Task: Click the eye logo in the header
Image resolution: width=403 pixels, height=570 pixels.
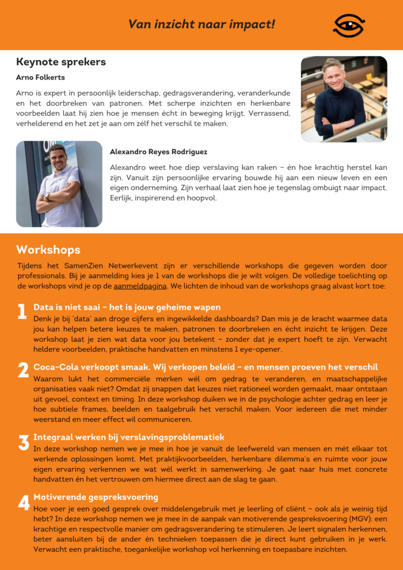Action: point(348,25)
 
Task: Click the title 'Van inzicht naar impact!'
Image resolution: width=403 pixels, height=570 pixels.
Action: point(201,24)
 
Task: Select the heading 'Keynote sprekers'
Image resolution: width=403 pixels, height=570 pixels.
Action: point(61,62)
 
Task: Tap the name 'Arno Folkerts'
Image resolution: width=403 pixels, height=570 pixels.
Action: point(41,77)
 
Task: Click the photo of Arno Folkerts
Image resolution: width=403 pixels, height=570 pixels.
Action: point(344,99)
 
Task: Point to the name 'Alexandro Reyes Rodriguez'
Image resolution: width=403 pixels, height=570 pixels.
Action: point(159,152)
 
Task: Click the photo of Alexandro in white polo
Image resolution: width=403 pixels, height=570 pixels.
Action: point(59,184)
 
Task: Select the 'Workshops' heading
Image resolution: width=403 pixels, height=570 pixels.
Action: point(48,250)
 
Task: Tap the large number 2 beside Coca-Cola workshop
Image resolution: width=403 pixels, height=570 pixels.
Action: point(23,371)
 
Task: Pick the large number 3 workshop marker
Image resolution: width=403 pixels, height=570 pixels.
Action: point(24,443)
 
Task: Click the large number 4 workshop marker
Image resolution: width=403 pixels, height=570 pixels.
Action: point(24,503)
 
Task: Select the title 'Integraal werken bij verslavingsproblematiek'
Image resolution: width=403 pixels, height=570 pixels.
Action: point(129,438)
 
